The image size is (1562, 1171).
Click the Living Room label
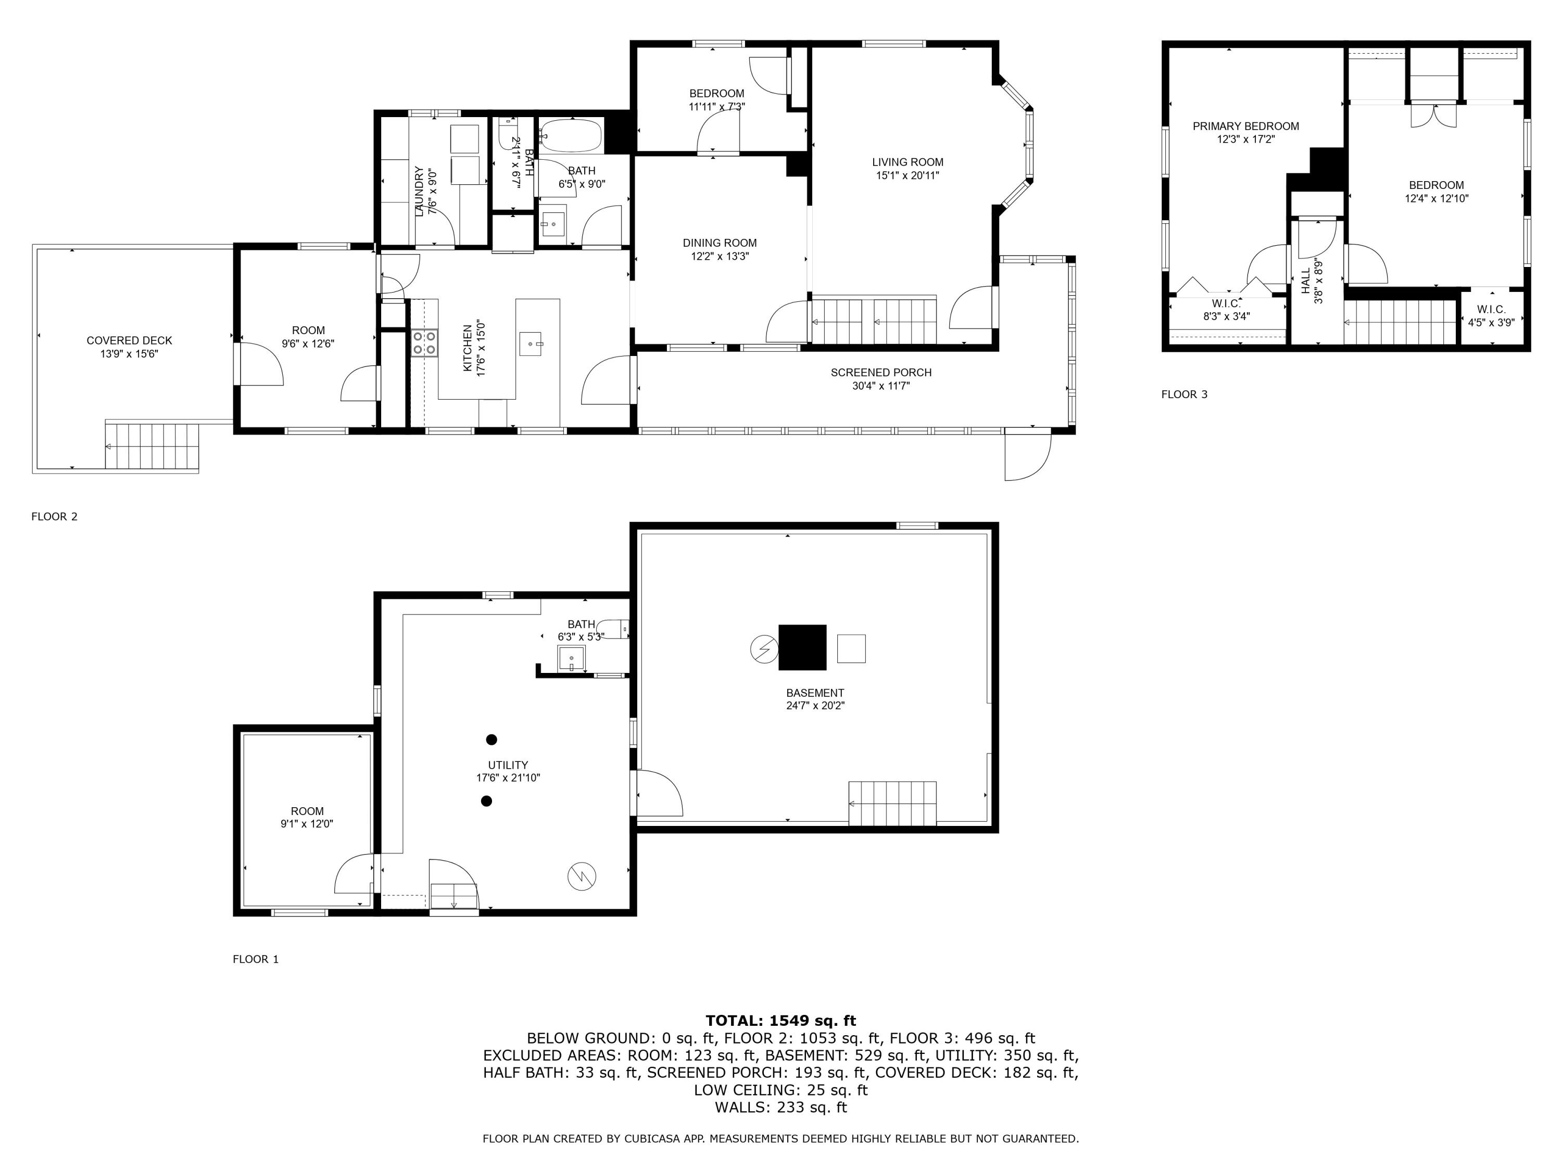[908, 162]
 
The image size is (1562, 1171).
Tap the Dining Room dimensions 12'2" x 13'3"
[720, 256]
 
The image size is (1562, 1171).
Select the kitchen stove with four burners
[424, 343]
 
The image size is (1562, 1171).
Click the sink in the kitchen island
[531, 343]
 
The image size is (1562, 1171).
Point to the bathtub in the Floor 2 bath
[571, 135]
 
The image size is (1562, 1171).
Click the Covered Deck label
[129, 341]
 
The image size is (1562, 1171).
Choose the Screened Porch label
[880, 373]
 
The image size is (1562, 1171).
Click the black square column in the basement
[802, 647]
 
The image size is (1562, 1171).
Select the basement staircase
[892, 803]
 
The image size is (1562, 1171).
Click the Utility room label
[508, 765]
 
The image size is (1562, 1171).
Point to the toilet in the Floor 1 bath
[612, 628]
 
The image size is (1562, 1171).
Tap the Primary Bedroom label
[1245, 126]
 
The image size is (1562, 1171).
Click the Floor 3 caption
[1184, 394]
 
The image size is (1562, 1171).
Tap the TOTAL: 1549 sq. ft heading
[780, 1020]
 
